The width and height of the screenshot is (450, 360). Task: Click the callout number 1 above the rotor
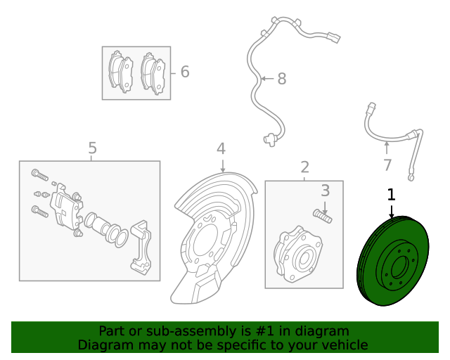coord(392,194)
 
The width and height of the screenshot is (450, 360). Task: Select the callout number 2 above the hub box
coord(304,167)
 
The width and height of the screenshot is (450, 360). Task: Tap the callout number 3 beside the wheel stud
coord(325,191)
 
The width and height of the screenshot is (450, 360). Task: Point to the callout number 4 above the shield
coord(221,148)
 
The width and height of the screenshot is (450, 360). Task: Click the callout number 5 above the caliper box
coord(92,148)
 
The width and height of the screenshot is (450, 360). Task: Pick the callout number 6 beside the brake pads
coord(185,72)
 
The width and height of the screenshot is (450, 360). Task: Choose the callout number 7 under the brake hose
coord(387,165)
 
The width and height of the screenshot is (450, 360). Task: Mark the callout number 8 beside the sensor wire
coord(281,79)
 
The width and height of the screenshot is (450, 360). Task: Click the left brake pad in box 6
coord(122,72)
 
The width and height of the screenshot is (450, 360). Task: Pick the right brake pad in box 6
coord(153,72)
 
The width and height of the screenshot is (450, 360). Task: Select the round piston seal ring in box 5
coord(118,236)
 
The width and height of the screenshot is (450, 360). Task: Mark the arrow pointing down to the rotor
coord(392,210)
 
